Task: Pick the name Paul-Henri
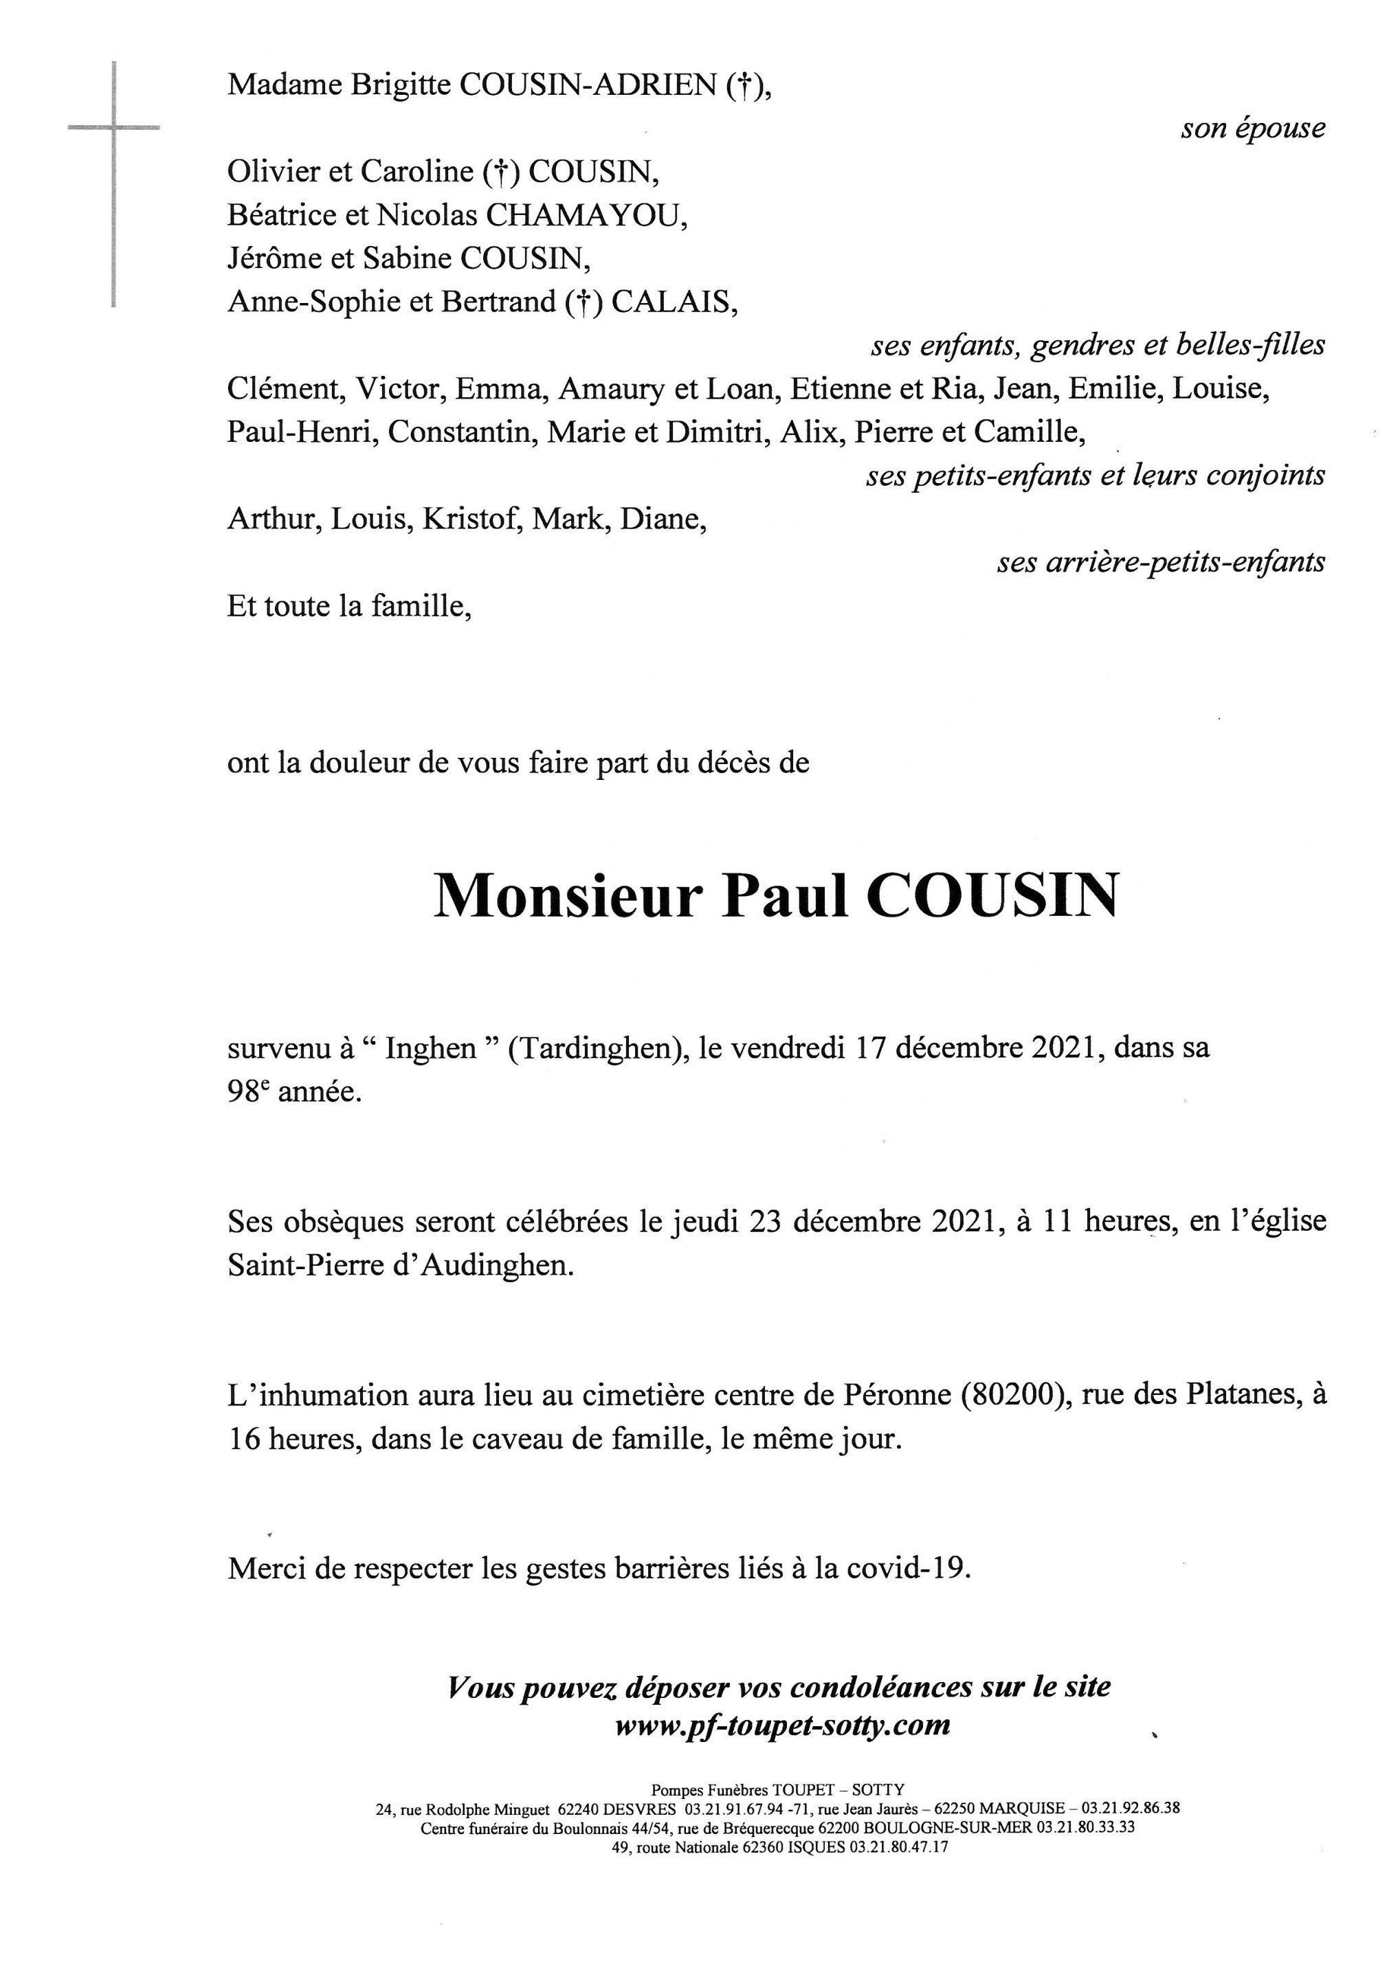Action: point(302,432)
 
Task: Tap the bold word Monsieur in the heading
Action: point(565,897)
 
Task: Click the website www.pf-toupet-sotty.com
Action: point(783,1725)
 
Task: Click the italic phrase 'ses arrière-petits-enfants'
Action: point(1160,563)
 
